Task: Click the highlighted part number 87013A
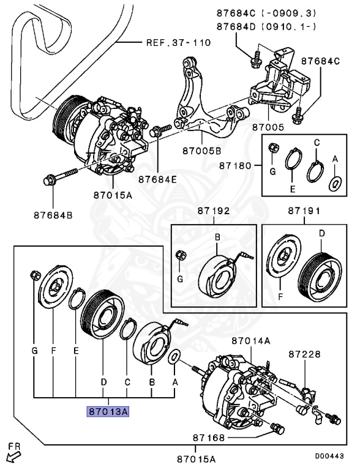click(x=108, y=411)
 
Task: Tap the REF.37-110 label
click(x=178, y=43)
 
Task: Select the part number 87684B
click(x=53, y=215)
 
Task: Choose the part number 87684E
click(x=157, y=179)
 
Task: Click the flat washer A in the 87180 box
click(x=334, y=183)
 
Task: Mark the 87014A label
click(x=249, y=340)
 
